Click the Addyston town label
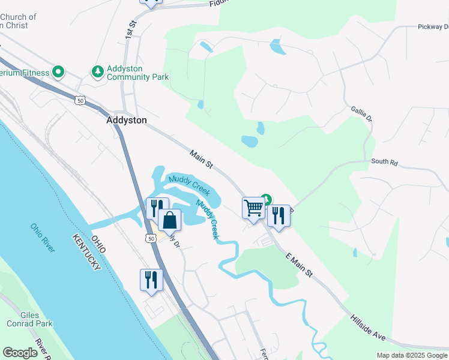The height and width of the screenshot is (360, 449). click(x=126, y=120)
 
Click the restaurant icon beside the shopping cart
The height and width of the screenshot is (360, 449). click(x=278, y=215)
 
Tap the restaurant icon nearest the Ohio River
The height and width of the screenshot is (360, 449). click(x=151, y=280)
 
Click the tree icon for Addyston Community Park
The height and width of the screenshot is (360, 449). click(x=97, y=72)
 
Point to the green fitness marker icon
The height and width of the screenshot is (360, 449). click(x=58, y=73)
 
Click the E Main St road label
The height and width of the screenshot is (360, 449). click(x=300, y=265)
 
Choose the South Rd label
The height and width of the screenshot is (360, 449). click(x=384, y=162)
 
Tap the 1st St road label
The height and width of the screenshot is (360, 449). click(x=130, y=31)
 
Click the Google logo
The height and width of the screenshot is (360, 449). click(x=20, y=353)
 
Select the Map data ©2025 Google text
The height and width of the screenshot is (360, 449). click(x=412, y=355)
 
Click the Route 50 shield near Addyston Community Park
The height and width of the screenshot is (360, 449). click(x=80, y=101)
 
